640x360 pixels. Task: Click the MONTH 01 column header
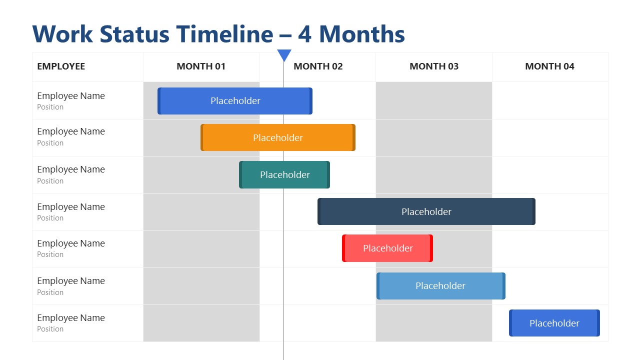[x=201, y=66]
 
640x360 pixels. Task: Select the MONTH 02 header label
[x=318, y=66]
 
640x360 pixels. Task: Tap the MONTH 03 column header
[x=434, y=66]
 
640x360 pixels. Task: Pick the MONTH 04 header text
[x=549, y=66]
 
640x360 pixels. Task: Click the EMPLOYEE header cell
[x=61, y=66]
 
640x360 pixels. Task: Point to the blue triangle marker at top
[x=284, y=55]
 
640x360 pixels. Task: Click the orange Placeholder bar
[x=278, y=137]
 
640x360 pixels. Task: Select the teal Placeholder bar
[x=284, y=174]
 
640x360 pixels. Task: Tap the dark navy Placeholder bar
[x=426, y=211]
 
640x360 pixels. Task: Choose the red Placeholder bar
[x=387, y=248]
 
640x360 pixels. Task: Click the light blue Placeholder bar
[x=440, y=285]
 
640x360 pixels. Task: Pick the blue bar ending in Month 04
[x=554, y=323]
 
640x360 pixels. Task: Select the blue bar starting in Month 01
[x=235, y=101]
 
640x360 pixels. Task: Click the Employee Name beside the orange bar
[x=71, y=131]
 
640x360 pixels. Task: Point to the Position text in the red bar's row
[x=50, y=254]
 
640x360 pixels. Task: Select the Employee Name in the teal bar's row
[x=71, y=169]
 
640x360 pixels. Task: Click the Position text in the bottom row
[x=50, y=329]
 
